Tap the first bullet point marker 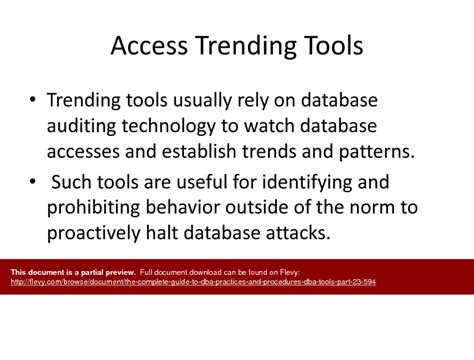33,101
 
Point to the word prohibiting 99,207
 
